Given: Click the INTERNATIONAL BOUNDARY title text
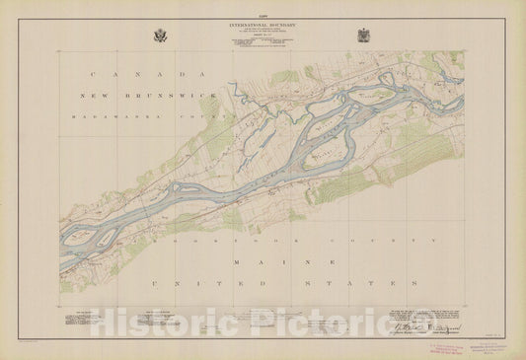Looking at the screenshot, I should pyautogui.click(x=263, y=22).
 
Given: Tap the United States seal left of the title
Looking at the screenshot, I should pyautogui.click(x=161, y=36).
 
